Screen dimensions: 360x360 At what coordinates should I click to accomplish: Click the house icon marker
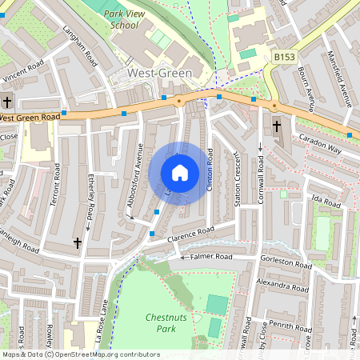[x=180, y=172]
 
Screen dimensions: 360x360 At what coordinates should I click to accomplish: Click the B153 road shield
[x=284, y=58]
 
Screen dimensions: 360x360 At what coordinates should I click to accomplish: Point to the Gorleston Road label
[x=286, y=262]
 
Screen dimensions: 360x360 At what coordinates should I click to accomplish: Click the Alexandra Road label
[x=282, y=284]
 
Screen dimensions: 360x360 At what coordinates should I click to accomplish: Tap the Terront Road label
[x=55, y=189]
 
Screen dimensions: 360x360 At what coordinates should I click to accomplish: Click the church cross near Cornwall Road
[x=277, y=126]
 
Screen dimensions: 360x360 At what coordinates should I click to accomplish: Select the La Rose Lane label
[x=105, y=304]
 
